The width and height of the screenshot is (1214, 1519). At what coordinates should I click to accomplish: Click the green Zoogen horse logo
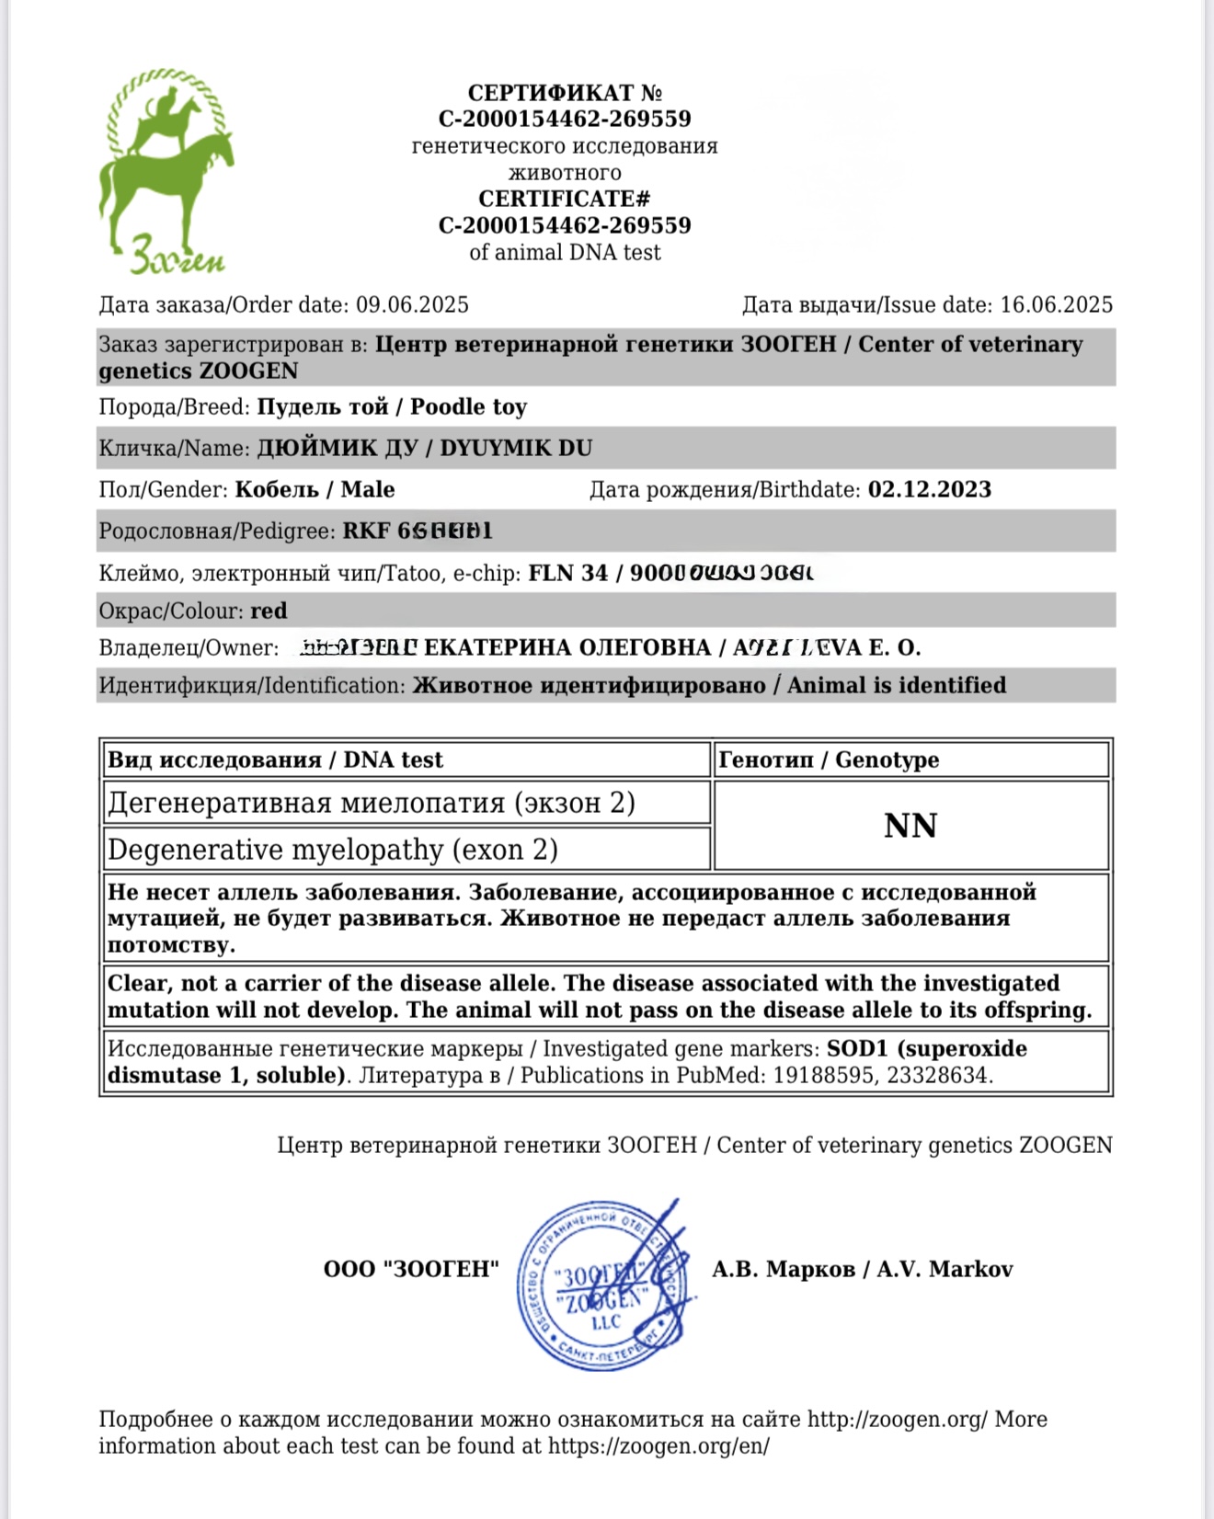(166, 170)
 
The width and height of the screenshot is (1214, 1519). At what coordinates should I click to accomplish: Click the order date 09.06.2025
(412, 305)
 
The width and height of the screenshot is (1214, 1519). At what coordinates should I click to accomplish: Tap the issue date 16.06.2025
(1056, 305)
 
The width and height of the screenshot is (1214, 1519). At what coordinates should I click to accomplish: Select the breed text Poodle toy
(468, 407)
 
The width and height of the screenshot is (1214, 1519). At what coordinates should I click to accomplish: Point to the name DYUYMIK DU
(516, 449)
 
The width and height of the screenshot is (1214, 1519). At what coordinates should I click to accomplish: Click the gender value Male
(368, 490)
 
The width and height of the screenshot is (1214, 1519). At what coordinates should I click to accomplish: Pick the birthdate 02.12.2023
(929, 490)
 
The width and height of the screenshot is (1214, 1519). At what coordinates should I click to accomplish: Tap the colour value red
(269, 611)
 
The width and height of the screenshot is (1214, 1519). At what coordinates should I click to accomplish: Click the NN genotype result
(910, 826)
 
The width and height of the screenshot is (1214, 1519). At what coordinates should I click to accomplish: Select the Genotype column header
(887, 760)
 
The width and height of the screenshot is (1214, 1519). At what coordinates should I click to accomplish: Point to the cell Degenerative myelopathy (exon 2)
(333, 850)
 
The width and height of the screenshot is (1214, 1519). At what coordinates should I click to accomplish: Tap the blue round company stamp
(602, 1285)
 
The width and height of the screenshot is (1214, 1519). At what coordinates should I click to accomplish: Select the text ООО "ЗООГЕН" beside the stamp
(411, 1270)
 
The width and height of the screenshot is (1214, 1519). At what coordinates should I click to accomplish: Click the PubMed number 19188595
(823, 1076)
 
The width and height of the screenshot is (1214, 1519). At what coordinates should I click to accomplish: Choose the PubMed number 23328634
(939, 1076)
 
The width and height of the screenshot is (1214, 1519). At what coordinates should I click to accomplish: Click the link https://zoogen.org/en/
(659, 1446)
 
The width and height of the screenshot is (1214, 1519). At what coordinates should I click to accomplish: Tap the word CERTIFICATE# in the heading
(564, 200)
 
